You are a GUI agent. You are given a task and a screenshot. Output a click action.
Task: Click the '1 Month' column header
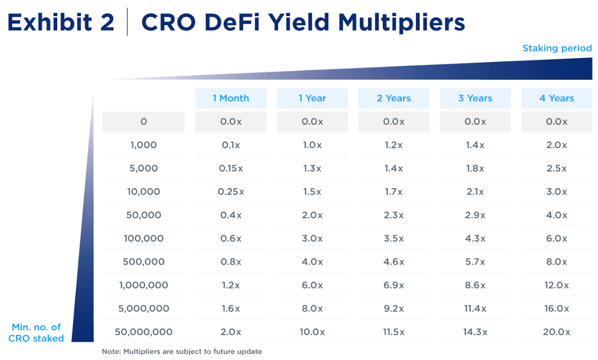[231, 98]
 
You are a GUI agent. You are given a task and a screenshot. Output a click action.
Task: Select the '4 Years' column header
[556, 98]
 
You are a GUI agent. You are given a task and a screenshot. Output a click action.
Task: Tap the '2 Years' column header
[394, 98]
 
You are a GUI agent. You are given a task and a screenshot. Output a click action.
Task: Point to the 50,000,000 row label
[143, 332]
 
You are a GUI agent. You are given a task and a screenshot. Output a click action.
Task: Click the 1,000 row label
[143, 145]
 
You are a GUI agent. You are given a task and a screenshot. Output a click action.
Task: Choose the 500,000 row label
[143, 262]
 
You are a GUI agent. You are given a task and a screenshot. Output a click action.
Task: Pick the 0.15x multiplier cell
[231, 168]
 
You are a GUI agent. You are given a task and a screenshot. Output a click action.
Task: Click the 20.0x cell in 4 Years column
[556, 332]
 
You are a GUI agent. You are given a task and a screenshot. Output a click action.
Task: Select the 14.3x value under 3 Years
[475, 332]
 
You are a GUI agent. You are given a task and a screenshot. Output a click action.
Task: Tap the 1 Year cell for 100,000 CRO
[312, 238]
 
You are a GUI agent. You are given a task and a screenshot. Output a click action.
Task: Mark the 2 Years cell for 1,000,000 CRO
[394, 285]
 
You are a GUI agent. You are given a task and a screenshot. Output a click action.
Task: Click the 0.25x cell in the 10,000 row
[231, 192]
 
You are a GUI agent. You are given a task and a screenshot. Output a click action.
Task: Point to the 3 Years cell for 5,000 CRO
[475, 168]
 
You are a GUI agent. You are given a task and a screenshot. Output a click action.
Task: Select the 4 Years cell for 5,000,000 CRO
[556, 309]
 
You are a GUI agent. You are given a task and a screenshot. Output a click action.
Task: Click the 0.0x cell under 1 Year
[312, 122]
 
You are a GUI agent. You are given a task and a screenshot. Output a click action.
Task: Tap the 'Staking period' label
[557, 48]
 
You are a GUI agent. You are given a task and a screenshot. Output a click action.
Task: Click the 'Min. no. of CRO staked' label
[38, 332]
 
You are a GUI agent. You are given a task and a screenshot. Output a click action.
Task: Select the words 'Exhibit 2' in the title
[61, 22]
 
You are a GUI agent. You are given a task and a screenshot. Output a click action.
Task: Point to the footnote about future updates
[182, 351]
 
